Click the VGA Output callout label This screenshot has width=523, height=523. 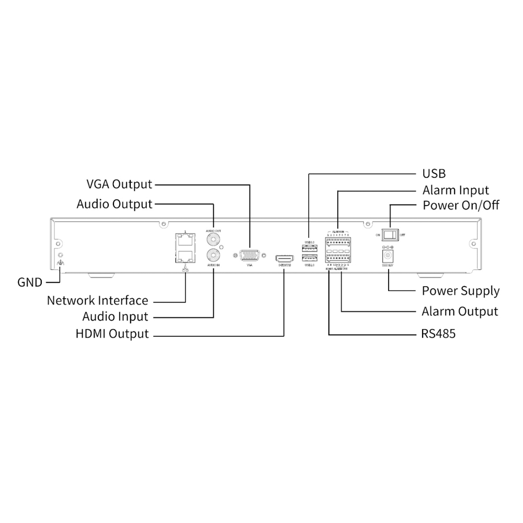pyautogui.click(x=119, y=184)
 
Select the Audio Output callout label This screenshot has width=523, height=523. pyautogui.click(x=115, y=203)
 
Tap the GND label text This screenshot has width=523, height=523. pyautogui.click(x=30, y=282)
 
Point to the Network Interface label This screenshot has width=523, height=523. pyautogui.click(x=97, y=301)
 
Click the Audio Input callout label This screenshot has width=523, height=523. pyautogui.click(x=115, y=316)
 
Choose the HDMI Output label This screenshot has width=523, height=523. pyautogui.click(x=112, y=334)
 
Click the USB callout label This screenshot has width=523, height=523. pyautogui.click(x=434, y=174)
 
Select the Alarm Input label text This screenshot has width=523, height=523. pyautogui.click(x=456, y=190)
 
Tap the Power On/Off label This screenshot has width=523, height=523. pyautogui.click(x=461, y=204)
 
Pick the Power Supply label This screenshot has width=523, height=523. pyautogui.click(x=460, y=291)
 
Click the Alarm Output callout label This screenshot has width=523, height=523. pyautogui.click(x=460, y=312)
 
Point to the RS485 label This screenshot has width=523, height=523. pyautogui.click(x=438, y=333)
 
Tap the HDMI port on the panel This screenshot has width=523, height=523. pyautogui.click(x=285, y=258)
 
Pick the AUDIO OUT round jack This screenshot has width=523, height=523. pyautogui.click(x=213, y=240)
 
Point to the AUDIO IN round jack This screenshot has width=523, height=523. pyautogui.click(x=213, y=256)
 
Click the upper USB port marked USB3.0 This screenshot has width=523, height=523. pyautogui.click(x=309, y=246)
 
